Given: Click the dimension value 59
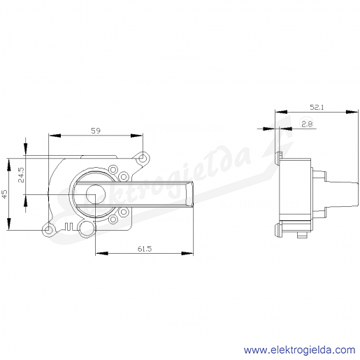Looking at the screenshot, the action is point(96,131).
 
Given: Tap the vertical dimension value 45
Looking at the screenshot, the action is point(5,194).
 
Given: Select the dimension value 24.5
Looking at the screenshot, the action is point(21,175).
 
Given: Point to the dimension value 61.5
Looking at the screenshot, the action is point(145,249).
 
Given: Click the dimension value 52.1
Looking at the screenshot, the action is point(317,107).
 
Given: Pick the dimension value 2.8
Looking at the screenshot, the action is point(307,124).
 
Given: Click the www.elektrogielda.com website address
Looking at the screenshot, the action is point(299,350).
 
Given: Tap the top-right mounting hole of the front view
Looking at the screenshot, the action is point(142,159).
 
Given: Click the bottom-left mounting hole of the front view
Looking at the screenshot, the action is point(48,230).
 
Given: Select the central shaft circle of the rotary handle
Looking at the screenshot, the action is point(96,194).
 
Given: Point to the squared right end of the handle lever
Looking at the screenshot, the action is point(189,194).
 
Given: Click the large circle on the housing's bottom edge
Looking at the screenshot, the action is point(86,229).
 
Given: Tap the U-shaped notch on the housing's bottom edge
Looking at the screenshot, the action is point(69,226).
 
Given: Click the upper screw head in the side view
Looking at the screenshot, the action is point(278,159).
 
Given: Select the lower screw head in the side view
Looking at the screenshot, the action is point(278,229).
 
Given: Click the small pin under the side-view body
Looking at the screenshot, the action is point(302,235).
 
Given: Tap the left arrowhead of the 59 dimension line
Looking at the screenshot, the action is point(55,136).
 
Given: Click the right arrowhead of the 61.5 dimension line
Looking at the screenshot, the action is point(187,253).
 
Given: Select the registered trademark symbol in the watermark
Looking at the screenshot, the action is point(307,125).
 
